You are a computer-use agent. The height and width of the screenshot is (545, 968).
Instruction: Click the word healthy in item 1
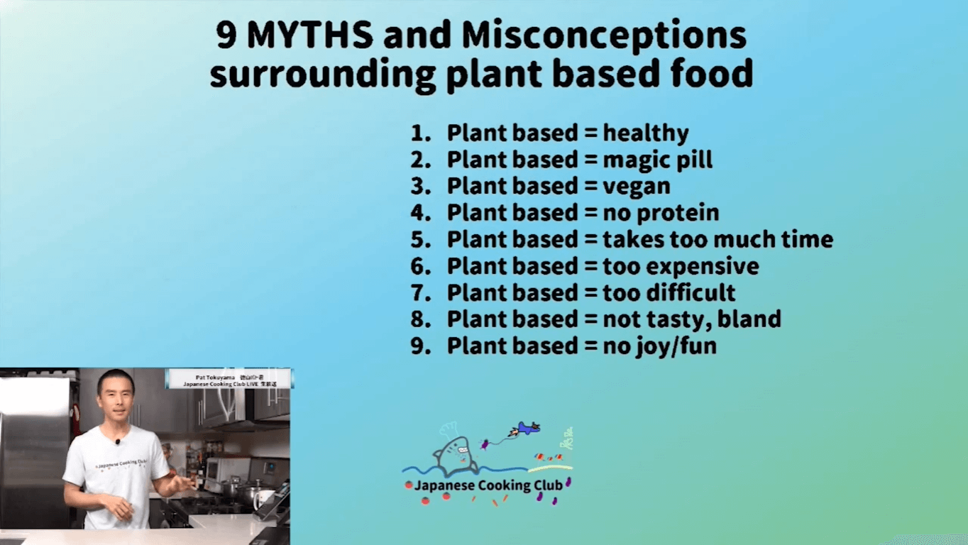coord(646,133)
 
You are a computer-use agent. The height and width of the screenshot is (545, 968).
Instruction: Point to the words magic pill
coord(657,160)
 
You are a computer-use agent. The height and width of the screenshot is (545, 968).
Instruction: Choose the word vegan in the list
coord(637,187)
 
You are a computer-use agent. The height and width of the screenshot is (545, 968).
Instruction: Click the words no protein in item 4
coord(661,212)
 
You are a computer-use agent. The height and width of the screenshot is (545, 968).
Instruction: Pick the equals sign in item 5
coord(590,239)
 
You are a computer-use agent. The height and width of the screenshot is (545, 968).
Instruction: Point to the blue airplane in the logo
coord(527,428)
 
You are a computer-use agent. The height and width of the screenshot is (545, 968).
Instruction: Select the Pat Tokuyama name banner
coord(228,378)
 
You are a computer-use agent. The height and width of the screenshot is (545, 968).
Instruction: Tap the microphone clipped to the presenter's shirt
coord(118,442)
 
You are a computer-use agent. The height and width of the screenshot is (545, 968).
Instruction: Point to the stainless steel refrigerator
coord(35,454)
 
